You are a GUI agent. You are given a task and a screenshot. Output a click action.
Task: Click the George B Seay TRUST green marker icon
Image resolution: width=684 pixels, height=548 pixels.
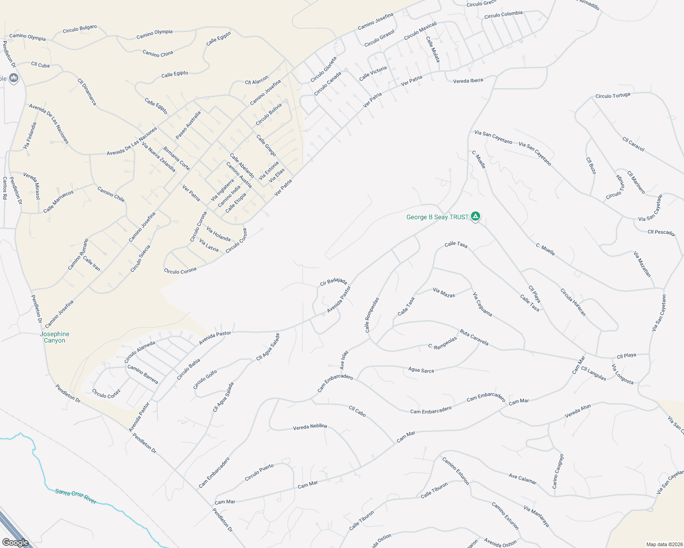pyautogui.click(x=476, y=216)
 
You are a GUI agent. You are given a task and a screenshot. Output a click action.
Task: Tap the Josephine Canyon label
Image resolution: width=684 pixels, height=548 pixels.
pyautogui.click(x=54, y=337)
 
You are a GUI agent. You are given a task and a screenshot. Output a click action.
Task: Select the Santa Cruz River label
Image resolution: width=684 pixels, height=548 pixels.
pyautogui.click(x=75, y=496)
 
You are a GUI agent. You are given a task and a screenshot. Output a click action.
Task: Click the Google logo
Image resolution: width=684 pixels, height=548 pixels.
pyautogui.click(x=15, y=543)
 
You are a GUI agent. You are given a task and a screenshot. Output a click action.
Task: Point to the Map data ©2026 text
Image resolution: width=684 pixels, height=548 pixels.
pyautogui.click(x=663, y=544)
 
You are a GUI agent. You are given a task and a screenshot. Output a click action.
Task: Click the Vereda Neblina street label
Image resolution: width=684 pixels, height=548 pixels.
pyautogui.click(x=310, y=427)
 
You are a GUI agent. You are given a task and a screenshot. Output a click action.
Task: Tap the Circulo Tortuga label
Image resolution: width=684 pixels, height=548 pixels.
pyautogui.click(x=613, y=96)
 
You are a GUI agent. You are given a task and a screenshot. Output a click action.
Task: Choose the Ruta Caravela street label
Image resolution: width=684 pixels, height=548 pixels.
pyautogui.click(x=474, y=337)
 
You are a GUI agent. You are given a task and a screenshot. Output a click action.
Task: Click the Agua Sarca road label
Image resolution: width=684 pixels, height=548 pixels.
pyautogui.click(x=421, y=370)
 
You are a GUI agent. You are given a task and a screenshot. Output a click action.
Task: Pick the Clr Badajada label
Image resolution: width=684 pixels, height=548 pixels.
pyautogui.click(x=333, y=282)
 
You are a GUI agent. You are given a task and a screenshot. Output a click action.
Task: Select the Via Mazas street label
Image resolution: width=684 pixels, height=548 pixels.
pyautogui.click(x=444, y=293)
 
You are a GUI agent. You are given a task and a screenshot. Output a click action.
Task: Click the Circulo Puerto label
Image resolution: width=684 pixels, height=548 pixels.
pyautogui.click(x=259, y=473)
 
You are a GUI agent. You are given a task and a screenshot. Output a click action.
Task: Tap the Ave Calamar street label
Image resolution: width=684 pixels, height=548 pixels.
pyautogui.click(x=522, y=478)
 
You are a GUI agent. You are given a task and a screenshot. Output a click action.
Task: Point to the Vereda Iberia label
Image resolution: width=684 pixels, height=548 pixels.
pyautogui.click(x=468, y=81)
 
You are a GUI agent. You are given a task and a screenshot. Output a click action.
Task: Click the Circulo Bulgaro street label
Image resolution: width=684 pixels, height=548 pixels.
pyautogui.click(x=80, y=29)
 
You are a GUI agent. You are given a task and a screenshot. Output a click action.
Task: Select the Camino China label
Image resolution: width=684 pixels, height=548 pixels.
pyautogui.click(x=158, y=53)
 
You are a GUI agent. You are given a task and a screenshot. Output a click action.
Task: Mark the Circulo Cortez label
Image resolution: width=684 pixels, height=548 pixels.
pyautogui.click(x=106, y=393)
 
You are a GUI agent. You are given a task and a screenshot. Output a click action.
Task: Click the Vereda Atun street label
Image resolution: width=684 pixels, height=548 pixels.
pyautogui.click(x=577, y=411)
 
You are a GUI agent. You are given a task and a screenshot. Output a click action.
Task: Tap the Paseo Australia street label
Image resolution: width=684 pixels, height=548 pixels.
pyautogui.click(x=188, y=125)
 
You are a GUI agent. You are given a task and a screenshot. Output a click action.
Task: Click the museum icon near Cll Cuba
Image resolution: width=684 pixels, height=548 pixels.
pyautogui.click(x=13, y=78)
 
